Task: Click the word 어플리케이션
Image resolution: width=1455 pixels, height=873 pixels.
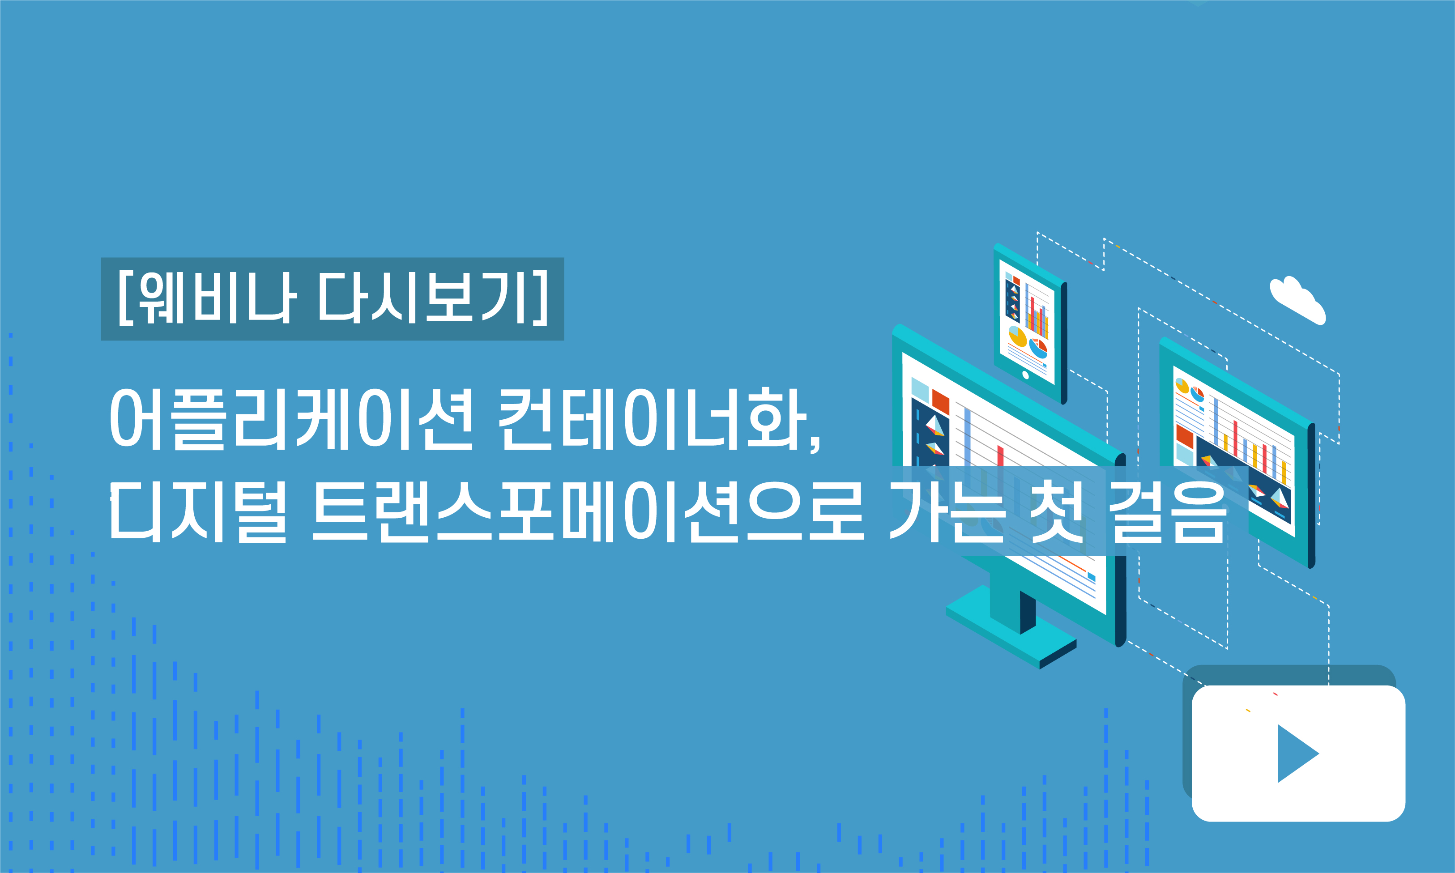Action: (291, 419)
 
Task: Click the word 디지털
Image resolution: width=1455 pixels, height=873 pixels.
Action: (198, 511)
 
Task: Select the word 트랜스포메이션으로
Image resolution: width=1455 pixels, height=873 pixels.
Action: (588, 511)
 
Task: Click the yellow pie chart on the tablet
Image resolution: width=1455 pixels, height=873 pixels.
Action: (1017, 337)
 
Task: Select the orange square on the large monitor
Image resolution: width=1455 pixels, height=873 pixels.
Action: (940, 402)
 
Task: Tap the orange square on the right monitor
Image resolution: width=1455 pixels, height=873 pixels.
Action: (1184, 436)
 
